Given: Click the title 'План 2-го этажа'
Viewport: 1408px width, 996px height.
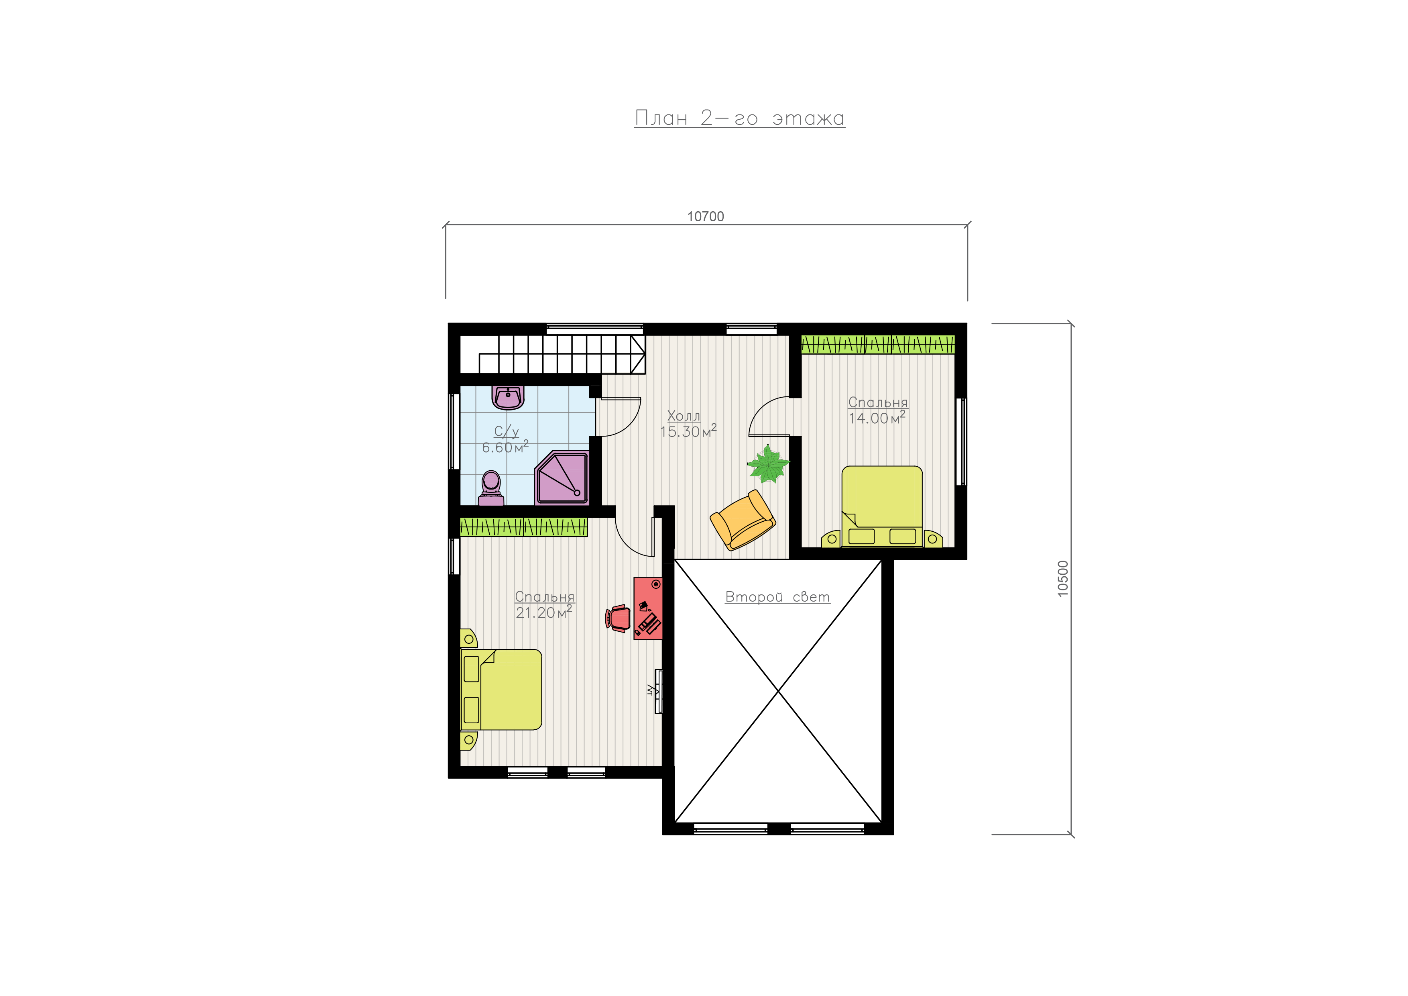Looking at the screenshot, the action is tap(740, 118).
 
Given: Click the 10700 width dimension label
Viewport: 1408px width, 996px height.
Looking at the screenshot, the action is tap(705, 216).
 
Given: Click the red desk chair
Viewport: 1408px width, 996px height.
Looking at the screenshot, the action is tap(618, 618).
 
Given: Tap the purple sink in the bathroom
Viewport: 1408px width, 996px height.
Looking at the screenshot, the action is tap(508, 398).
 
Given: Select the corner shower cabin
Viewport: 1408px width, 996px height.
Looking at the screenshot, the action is tap(562, 478).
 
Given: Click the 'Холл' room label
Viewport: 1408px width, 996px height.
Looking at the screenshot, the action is tap(684, 416).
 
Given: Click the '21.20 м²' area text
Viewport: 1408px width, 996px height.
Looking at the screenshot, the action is tap(544, 612).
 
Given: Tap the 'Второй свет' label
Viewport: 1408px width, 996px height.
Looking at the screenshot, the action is tap(777, 596).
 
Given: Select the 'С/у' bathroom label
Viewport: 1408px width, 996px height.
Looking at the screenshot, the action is tap(507, 431).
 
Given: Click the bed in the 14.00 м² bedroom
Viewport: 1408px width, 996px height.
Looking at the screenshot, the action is tap(882, 507).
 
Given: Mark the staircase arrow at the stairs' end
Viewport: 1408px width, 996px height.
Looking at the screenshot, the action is tap(638, 354).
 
